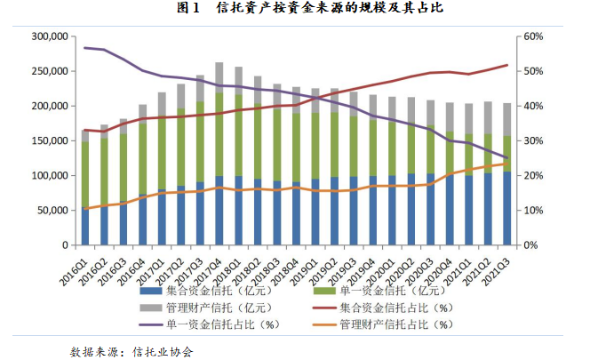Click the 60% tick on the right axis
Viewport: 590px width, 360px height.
(531, 36)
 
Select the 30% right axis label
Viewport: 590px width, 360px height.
(531, 140)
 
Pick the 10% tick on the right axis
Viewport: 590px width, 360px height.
(531, 211)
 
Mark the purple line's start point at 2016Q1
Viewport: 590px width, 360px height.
(85, 47)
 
